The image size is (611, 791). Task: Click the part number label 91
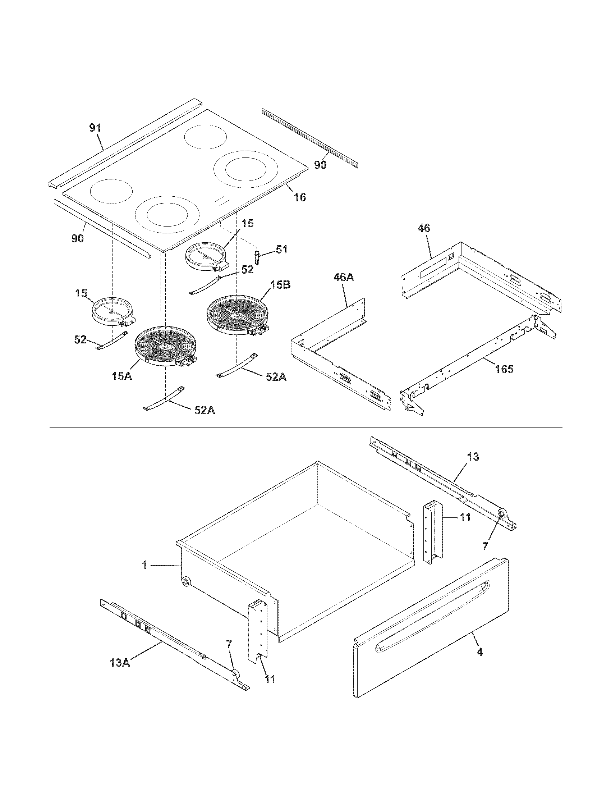[95, 128]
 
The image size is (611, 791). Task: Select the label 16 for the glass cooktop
[300, 197]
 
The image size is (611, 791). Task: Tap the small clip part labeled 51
[257, 257]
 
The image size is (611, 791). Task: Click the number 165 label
[504, 369]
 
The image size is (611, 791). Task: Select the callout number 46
[424, 228]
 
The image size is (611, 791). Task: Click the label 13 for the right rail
[473, 457]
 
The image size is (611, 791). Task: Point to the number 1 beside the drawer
[144, 565]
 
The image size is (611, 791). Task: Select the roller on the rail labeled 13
[502, 513]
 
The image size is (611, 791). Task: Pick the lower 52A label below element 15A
[205, 411]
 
